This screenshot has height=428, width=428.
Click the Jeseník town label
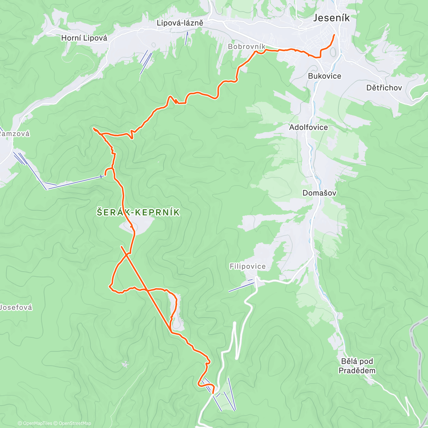[331, 18]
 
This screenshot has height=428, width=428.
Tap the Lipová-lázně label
[180, 23]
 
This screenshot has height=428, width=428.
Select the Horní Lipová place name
[84, 38]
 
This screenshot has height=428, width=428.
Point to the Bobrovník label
[246, 47]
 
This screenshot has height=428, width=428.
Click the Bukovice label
[325, 76]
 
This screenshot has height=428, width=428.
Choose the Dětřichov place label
[384, 88]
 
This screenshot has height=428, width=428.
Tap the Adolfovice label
[309, 127]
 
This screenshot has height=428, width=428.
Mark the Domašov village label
[319, 193]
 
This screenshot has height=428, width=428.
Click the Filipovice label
[248, 266]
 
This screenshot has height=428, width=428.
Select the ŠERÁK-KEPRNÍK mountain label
[138, 213]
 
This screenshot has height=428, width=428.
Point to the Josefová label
[16, 307]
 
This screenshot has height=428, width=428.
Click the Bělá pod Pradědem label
[357, 366]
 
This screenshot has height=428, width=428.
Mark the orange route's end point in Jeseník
[334, 35]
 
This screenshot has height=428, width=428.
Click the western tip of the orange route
[93, 128]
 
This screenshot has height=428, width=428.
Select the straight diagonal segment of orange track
[146, 289]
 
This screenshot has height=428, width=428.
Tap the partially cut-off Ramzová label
[15, 134]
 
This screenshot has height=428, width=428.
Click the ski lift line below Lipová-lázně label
[187, 38]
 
